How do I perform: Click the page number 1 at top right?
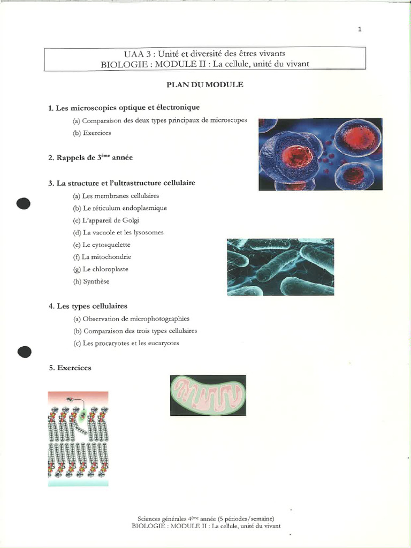click(360, 29)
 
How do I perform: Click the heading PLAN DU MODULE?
click(205, 85)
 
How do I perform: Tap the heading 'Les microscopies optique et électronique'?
click(124, 108)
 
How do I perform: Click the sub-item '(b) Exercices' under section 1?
click(92, 133)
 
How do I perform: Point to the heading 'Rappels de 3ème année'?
click(90, 157)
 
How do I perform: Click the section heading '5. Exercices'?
click(70, 368)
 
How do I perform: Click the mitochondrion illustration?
click(208, 395)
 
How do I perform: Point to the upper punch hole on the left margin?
click(24, 203)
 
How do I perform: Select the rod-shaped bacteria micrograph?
click(280, 267)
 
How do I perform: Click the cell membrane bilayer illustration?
click(78, 438)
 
